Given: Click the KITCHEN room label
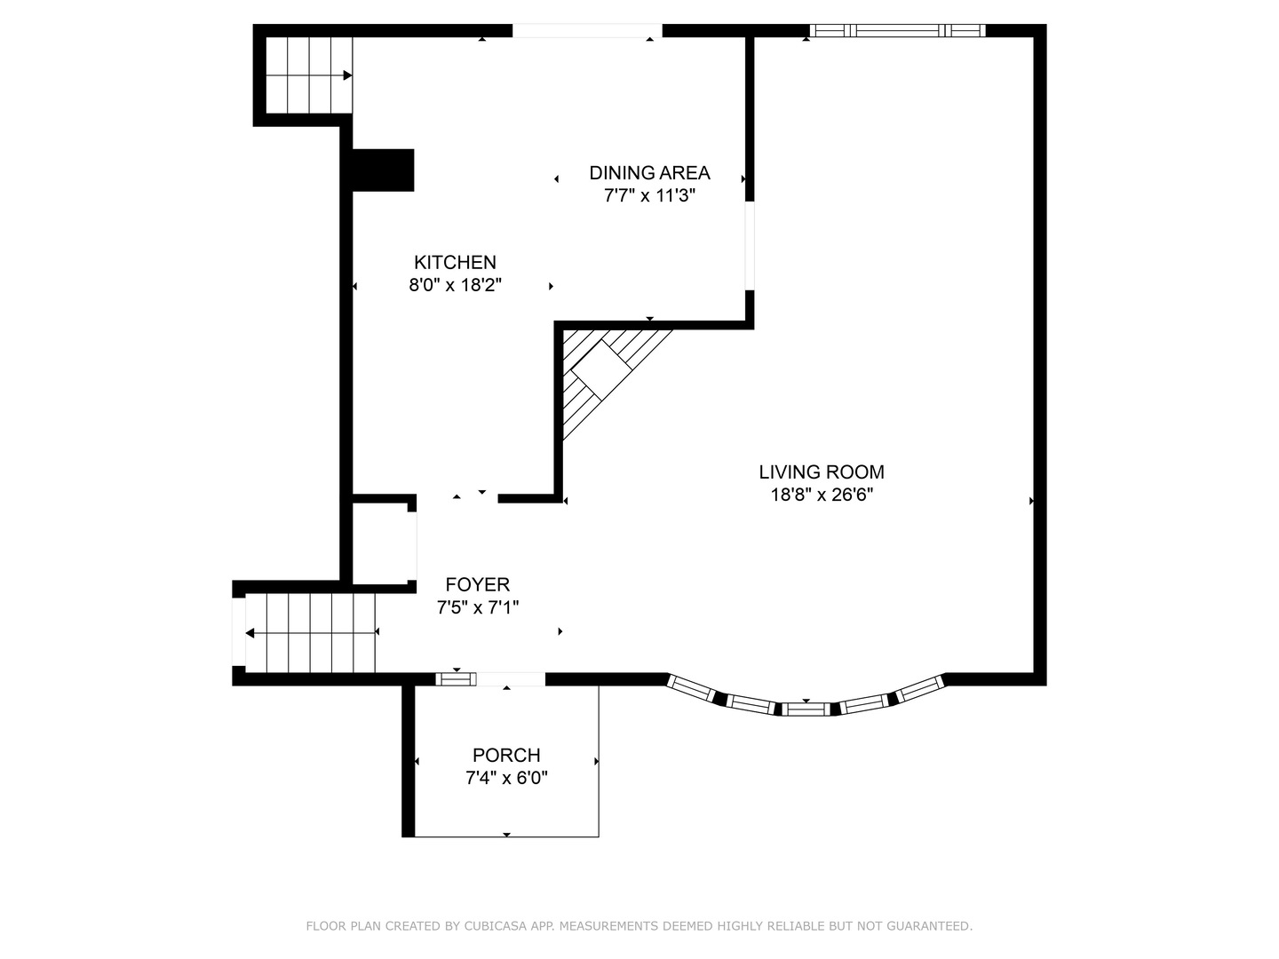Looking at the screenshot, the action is pyautogui.click(x=455, y=263).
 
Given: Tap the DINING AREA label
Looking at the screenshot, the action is pyautogui.click(x=649, y=173).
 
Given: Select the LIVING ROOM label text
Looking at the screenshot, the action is pyautogui.click(x=821, y=472).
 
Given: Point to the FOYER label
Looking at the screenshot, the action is pyautogui.click(x=477, y=584).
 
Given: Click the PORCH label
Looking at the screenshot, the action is pyautogui.click(x=506, y=755).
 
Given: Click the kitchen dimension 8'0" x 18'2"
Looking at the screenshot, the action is pyautogui.click(x=455, y=285).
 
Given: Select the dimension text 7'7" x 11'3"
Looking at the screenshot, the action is pyautogui.click(x=649, y=195).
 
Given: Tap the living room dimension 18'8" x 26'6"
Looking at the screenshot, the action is pyautogui.click(x=821, y=495).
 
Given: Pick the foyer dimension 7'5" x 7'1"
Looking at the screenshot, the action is pyautogui.click(x=477, y=608).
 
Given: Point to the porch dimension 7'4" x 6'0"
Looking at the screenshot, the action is pyautogui.click(x=506, y=778).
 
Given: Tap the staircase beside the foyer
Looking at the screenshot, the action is pyautogui.click(x=310, y=632).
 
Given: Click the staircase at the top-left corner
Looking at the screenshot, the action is pyautogui.click(x=309, y=75).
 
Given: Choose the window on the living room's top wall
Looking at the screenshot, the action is pyautogui.click(x=897, y=30).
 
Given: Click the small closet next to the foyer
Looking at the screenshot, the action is pyautogui.click(x=384, y=543).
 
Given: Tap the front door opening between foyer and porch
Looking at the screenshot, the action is pyautogui.click(x=511, y=679).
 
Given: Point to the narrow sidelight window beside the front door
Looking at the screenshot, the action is pyautogui.click(x=456, y=679).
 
